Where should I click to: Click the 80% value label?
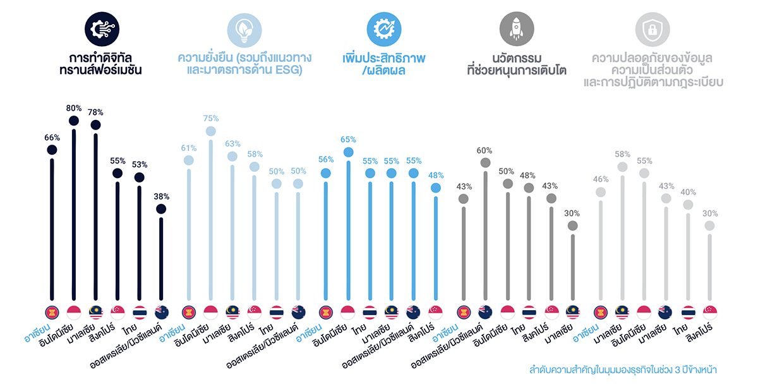[x=74, y=107]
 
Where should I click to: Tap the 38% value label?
[x=161, y=196]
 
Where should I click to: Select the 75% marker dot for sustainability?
[x=210, y=131]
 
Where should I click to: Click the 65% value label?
[x=348, y=140]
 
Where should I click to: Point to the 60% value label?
[x=485, y=150]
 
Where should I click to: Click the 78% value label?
[x=95, y=112]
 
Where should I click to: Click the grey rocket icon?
[x=516, y=29]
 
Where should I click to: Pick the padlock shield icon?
[x=653, y=29]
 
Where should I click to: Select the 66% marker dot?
[x=52, y=150]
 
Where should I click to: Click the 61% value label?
[x=188, y=148]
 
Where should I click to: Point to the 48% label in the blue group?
[x=435, y=176]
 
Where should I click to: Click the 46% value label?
[x=600, y=180]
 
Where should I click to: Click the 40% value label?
[x=688, y=193]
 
